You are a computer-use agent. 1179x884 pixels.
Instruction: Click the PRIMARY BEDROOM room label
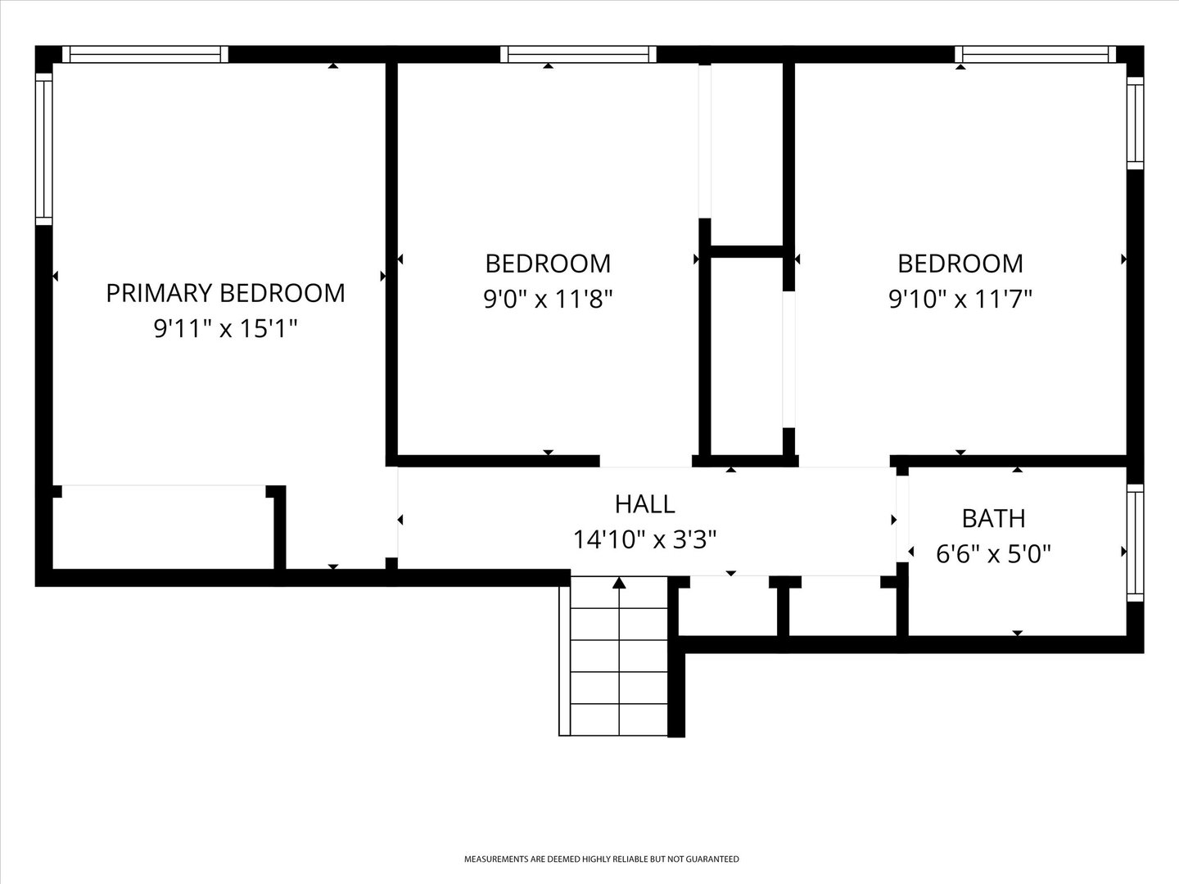tap(226, 293)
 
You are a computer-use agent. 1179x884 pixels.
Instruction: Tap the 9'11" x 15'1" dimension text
tap(226, 328)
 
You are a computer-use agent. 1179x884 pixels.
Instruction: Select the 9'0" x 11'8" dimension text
tap(548, 299)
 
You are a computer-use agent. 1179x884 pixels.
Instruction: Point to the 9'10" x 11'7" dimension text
tap(960, 299)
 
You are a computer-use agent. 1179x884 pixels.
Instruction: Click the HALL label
tap(644, 504)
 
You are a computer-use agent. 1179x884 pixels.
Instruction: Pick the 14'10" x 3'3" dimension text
tap(644, 539)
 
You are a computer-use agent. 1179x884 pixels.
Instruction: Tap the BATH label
tap(994, 518)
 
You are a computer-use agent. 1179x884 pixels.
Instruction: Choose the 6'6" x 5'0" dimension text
tap(994, 553)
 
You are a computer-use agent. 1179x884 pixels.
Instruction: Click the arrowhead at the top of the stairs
tap(619, 582)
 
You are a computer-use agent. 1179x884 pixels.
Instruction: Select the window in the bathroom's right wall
tap(1135, 543)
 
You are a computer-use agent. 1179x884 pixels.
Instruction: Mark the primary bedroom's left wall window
tap(44, 149)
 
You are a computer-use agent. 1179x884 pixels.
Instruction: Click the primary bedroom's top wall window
tap(145, 54)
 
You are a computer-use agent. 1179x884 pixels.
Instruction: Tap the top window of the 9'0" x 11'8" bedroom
tap(578, 54)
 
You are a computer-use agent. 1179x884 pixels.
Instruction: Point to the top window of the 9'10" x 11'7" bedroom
tap(1035, 54)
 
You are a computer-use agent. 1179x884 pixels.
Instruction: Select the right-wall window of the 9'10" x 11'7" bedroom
tap(1135, 124)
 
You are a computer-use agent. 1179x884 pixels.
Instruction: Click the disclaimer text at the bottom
tap(602, 859)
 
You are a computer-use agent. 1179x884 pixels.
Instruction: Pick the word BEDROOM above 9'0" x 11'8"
tap(548, 264)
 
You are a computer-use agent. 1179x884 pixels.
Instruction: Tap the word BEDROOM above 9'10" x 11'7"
tap(960, 264)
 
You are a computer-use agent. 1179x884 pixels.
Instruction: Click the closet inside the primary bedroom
tap(163, 527)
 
